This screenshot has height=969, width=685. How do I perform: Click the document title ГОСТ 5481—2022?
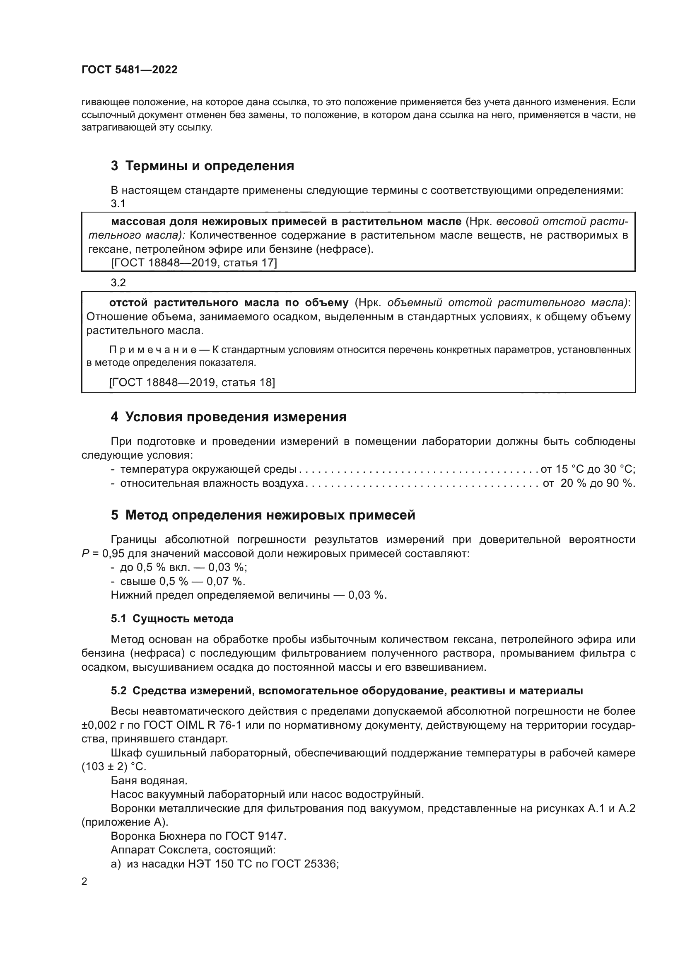click(130, 70)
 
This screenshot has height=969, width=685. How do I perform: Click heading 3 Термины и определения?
click(203, 166)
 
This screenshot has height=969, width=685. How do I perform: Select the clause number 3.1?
click(118, 203)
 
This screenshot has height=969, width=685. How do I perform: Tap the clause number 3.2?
click(118, 283)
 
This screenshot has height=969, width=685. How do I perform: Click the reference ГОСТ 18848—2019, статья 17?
click(193, 263)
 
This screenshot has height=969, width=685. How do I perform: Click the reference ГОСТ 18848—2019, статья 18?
click(192, 382)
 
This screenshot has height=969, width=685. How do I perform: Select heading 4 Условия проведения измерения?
click(228, 417)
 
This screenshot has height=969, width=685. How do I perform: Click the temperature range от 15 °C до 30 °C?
click(588, 469)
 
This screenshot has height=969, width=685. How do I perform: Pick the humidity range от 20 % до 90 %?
click(589, 483)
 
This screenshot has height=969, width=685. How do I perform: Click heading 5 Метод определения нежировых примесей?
click(263, 515)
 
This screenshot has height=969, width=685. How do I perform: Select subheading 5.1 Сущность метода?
click(172, 619)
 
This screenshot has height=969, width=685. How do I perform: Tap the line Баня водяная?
click(149, 781)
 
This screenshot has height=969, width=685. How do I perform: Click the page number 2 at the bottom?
click(84, 882)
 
